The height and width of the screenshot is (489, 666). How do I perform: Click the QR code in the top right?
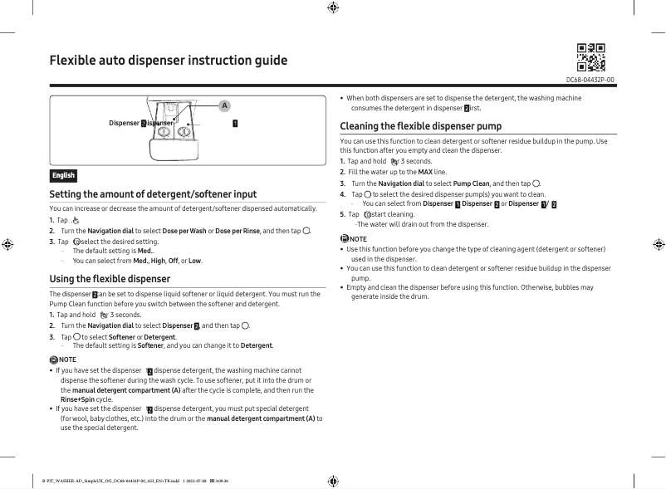coord(590,56)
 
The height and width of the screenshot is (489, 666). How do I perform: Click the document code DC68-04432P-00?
coord(590,80)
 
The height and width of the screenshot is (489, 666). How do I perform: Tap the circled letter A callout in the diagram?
coord(224,105)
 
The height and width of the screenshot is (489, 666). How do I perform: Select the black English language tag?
coord(63,175)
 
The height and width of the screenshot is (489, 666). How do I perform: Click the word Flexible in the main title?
coord(74,61)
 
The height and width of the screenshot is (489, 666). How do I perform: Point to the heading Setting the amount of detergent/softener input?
coord(153,193)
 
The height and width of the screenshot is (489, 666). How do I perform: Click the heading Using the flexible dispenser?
coord(110,279)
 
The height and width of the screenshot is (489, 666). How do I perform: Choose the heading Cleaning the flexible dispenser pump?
coord(420,126)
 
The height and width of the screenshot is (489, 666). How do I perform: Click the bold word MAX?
coord(424,172)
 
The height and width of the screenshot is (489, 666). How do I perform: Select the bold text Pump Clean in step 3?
coord(471,183)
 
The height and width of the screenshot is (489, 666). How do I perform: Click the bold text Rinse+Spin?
coord(64,399)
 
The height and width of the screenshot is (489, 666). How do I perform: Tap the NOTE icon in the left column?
coord(53,359)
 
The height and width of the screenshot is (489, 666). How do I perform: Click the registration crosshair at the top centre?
coord(332,8)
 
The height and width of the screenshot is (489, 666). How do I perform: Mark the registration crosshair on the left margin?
coord(8,245)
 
